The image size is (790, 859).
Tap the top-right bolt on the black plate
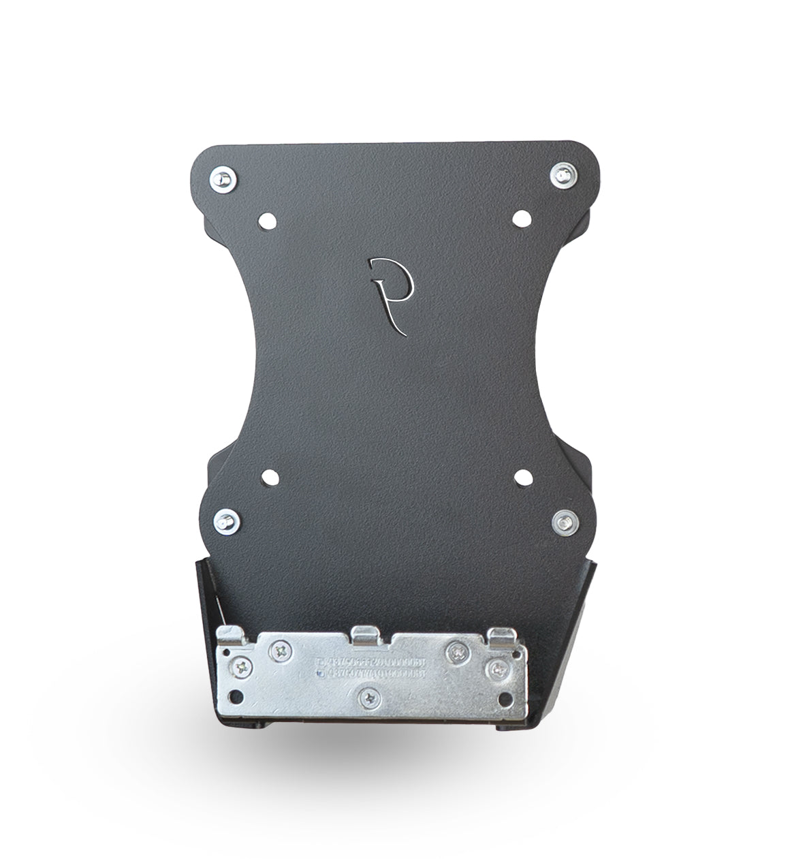pos(563,174)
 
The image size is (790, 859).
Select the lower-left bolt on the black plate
pos(224,522)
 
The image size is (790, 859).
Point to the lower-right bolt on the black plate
pos(565,522)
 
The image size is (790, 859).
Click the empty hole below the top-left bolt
pos(266,221)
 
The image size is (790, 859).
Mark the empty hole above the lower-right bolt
pos(522,477)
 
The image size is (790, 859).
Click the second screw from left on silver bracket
pos(280,651)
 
